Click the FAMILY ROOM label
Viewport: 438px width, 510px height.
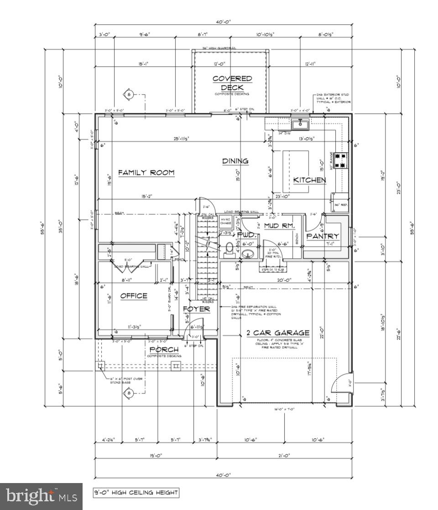(146, 173)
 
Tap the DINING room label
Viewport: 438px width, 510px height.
(235, 161)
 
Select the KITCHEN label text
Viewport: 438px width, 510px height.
(309, 180)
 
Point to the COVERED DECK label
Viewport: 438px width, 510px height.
(232, 83)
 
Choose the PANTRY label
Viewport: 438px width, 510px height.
(323, 236)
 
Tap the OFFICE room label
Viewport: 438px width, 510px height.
(134, 296)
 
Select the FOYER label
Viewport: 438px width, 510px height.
(196, 309)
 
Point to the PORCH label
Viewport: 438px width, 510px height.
(164, 350)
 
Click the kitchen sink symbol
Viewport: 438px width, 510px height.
(301, 123)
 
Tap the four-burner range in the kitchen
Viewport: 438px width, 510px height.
(340, 160)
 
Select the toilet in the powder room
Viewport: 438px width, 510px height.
(229, 248)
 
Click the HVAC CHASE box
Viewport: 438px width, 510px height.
(226, 221)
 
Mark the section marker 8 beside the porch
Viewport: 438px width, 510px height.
(129, 393)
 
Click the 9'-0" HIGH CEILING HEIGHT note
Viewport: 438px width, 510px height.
(136, 493)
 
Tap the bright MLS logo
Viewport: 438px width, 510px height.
(41, 496)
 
